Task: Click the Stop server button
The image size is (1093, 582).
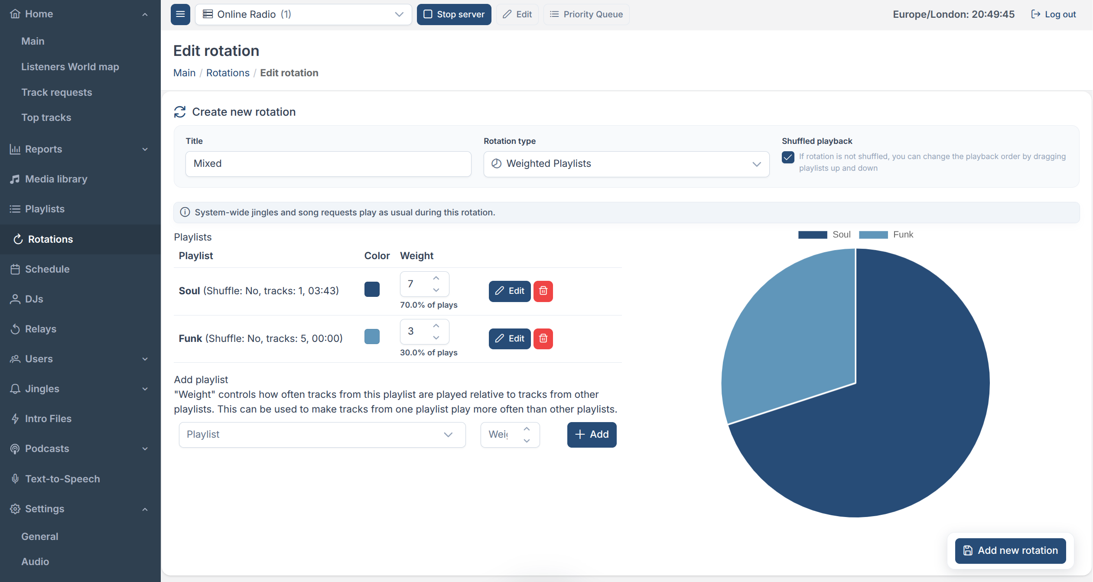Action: click(454, 14)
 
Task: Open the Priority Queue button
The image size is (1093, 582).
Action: click(586, 14)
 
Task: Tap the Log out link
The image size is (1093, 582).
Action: click(1054, 14)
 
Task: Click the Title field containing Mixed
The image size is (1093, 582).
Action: click(328, 164)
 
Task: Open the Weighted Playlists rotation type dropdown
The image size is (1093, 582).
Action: click(626, 164)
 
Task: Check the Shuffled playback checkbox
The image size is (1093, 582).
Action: click(788, 157)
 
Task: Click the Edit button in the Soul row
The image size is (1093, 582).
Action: click(510, 291)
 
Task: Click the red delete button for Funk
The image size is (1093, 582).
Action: click(543, 338)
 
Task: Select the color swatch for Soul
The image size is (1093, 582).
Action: click(372, 289)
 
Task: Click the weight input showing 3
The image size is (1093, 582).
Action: click(424, 332)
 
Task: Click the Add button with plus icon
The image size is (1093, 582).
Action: click(592, 435)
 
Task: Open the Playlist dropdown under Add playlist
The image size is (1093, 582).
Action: click(322, 435)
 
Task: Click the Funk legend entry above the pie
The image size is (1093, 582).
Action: click(886, 234)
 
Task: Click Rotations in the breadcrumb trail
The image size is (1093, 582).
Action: click(228, 73)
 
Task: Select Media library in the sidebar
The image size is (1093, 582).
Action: click(56, 179)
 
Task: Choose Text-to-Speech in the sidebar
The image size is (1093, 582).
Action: click(62, 479)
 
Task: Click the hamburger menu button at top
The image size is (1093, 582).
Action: click(180, 14)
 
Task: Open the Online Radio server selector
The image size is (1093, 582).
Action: click(303, 14)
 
